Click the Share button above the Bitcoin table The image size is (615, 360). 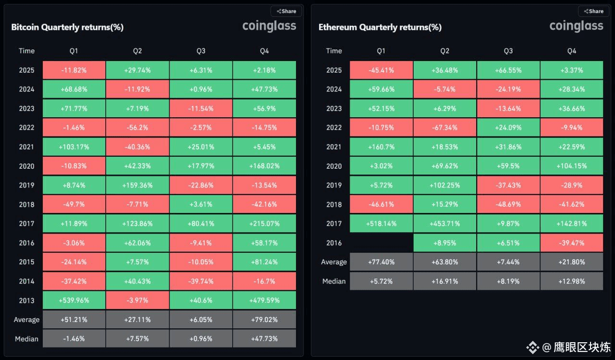pos(286,11)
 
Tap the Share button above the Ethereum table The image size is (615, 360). pos(593,11)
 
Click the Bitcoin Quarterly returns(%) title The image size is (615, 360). pos(67,27)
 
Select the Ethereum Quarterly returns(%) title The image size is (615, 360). pos(380,27)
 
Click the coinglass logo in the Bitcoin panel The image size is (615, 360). pos(269,25)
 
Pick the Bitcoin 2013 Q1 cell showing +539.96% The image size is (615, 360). pos(74,300)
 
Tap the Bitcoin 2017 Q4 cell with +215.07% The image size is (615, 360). pos(264,223)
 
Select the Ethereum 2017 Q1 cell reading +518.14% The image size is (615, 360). pos(381,223)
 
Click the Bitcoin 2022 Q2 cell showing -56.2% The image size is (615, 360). pos(137,127)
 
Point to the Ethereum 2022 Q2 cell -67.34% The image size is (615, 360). pos(444,127)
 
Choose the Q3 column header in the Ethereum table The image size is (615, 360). pos(508,51)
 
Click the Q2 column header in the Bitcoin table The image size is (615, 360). pos(137,51)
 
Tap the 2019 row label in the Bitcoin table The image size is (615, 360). pos(26,185)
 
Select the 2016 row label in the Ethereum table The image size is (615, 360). pos(334,243)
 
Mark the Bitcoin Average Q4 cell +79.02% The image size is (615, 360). pos(264,320)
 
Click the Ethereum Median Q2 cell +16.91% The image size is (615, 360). pos(444,281)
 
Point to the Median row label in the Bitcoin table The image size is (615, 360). pos(26,339)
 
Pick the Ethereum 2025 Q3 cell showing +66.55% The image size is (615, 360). pos(508,70)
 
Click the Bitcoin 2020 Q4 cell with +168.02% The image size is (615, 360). pos(264,166)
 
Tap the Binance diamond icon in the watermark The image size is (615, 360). pos(532,347)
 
